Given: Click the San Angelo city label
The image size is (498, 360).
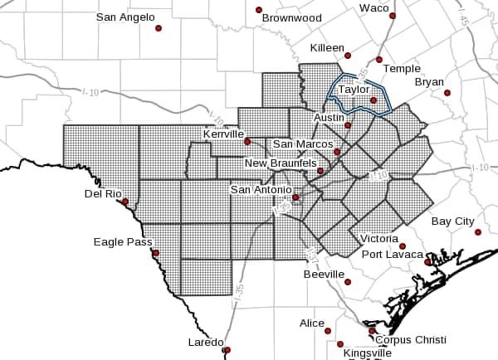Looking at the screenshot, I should click(x=124, y=17).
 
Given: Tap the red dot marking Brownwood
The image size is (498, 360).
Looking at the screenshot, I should click(x=259, y=10).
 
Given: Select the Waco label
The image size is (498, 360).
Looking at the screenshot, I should click(x=373, y=7).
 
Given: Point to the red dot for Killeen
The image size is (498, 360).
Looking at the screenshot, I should click(x=348, y=56).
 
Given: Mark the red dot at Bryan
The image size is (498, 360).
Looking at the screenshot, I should click(x=447, y=93).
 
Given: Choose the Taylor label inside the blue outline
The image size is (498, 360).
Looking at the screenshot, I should click(x=353, y=89).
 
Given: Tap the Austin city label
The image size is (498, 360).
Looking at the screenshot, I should click(x=329, y=118).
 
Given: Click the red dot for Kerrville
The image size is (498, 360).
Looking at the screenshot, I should click(x=247, y=142).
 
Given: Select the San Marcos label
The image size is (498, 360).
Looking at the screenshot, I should click(x=303, y=144).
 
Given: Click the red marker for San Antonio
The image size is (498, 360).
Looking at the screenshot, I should click(x=295, y=197).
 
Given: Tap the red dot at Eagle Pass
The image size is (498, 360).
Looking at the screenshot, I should click(x=155, y=253).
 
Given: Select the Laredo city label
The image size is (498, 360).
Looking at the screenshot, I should click(x=204, y=342).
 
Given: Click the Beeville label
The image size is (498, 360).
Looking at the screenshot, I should click(x=324, y=274).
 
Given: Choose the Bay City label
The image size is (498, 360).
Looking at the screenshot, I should click(x=453, y=221).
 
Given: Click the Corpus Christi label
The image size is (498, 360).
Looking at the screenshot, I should click(x=410, y=340).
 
